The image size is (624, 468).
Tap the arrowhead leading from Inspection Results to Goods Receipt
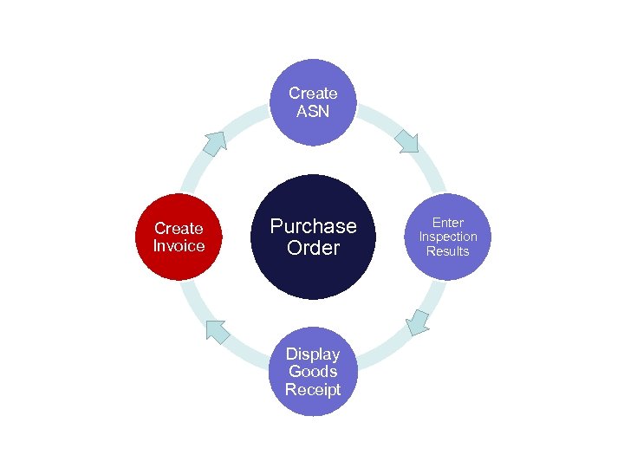(418, 322)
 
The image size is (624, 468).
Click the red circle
(179, 237)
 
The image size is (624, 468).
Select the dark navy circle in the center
(313, 237)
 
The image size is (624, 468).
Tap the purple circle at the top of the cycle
(313, 102)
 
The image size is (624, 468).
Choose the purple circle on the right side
(448, 237)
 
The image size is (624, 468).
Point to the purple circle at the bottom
(313, 371)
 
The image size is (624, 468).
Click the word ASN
(313, 111)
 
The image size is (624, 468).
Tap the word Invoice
(179, 245)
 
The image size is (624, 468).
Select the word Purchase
(313, 226)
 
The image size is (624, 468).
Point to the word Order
(313, 248)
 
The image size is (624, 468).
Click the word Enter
(448, 223)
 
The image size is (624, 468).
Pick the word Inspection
(448, 237)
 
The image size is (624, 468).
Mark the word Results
(448, 251)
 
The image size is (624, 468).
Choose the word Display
(313, 354)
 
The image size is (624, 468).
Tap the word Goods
(313, 371)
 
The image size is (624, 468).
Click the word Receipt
(313, 389)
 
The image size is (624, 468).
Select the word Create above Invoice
(179, 228)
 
